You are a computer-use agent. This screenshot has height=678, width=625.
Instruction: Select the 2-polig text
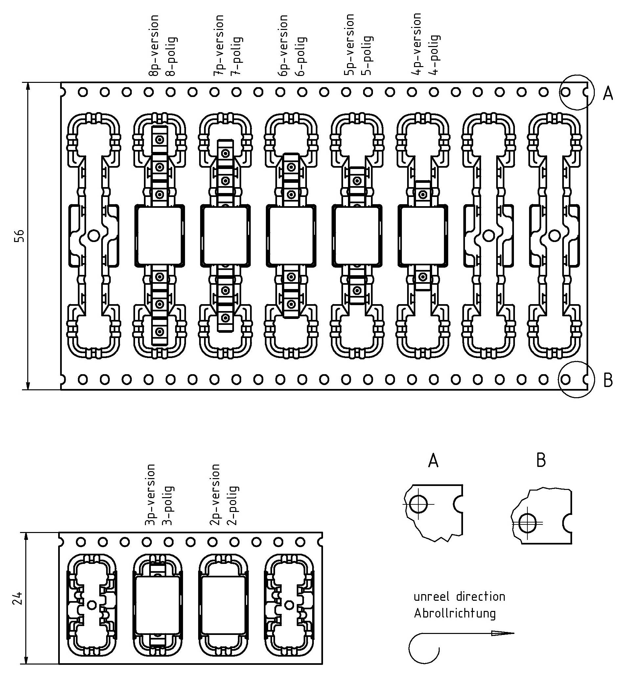(x=233, y=505)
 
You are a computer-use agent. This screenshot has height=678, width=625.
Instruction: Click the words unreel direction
(x=459, y=596)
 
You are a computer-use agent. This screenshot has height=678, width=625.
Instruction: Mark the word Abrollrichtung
(x=454, y=614)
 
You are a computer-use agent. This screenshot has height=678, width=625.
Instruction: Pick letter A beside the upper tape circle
(x=608, y=94)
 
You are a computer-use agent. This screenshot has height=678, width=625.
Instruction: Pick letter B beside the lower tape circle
(x=608, y=381)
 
